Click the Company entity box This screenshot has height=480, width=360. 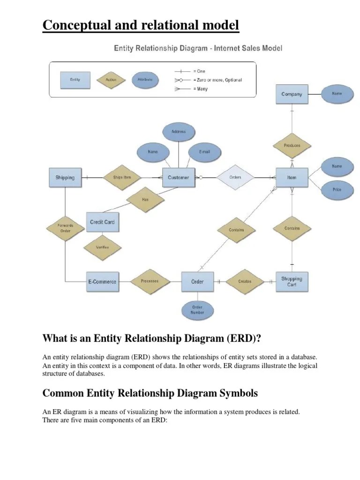coord(292,94)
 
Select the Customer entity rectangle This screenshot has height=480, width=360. coord(178,178)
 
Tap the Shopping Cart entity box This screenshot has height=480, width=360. coord(292,282)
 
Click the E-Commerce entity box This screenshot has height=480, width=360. coord(102,282)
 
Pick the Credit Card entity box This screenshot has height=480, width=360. coord(102,222)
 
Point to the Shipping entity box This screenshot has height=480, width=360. coord(65,178)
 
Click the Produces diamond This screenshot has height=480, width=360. coord(292,145)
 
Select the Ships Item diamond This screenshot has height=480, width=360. coord(122,178)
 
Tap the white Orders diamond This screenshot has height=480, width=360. coord(235,178)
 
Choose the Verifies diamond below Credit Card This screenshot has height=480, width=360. coord(102,247)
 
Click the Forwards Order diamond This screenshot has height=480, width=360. coord(65,228)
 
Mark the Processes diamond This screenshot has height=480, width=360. coord(150,281)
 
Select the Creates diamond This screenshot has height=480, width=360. coord(245,282)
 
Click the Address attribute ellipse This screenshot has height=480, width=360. coord(178,132)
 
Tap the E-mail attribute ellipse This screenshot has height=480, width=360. coord(204,152)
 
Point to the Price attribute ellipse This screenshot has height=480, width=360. coord(337,190)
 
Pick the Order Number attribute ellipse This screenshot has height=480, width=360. coord(197,310)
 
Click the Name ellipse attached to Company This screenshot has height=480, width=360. coord(337,94)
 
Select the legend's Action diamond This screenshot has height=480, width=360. coord(111,80)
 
